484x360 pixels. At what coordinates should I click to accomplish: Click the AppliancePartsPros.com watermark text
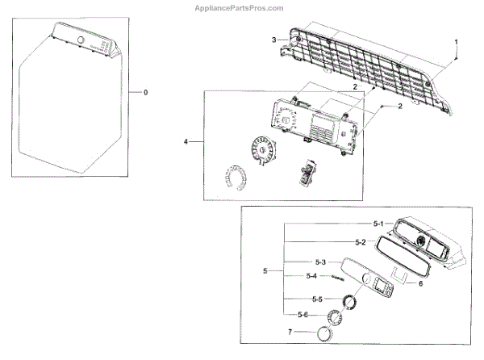[x=241, y=7]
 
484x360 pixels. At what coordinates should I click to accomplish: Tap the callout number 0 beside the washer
[x=145, y=93]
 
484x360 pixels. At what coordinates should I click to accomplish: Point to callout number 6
[x=419, y=283]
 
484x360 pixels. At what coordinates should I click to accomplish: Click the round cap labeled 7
[x=325, y=333]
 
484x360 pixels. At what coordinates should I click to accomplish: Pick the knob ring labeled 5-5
[x=351, y=302]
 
